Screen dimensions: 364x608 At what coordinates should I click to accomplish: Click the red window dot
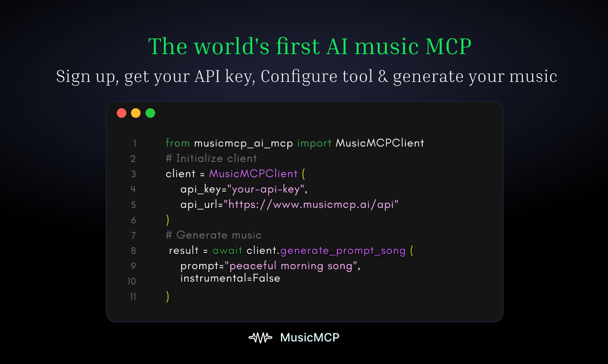(x=122, y=113)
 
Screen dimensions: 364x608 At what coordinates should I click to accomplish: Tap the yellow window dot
(x=136, y=113)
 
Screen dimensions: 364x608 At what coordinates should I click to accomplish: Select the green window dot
(x=150, y=113)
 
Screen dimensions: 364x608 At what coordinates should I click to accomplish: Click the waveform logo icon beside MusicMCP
(x=260, y=338)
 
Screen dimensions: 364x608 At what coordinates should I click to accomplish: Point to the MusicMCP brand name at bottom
(x=310, y=338)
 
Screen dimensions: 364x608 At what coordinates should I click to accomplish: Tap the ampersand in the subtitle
(x=382, y=77)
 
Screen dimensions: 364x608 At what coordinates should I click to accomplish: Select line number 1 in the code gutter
(x=135, y=143)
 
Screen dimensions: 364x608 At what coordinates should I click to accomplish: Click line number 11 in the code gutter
(x=133, y=296)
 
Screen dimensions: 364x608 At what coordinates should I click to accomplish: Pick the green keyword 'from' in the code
(x=178, y=143)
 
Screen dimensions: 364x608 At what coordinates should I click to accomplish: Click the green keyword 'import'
(x=314, y=143)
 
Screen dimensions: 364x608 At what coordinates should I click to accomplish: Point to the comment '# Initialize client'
(x=211, y=159)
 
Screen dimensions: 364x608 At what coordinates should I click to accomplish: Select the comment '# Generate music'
(x=214, y=235)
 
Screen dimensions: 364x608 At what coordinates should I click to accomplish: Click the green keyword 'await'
(x=227, y=250)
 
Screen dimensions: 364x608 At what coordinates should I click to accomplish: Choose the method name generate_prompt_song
(x=343, y=250)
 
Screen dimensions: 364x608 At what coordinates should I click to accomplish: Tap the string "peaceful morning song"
(x=292, y=266)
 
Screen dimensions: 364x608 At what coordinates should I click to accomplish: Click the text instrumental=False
(x=230, y=278)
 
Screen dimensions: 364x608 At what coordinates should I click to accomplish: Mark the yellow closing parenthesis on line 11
(x=168, y=296)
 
